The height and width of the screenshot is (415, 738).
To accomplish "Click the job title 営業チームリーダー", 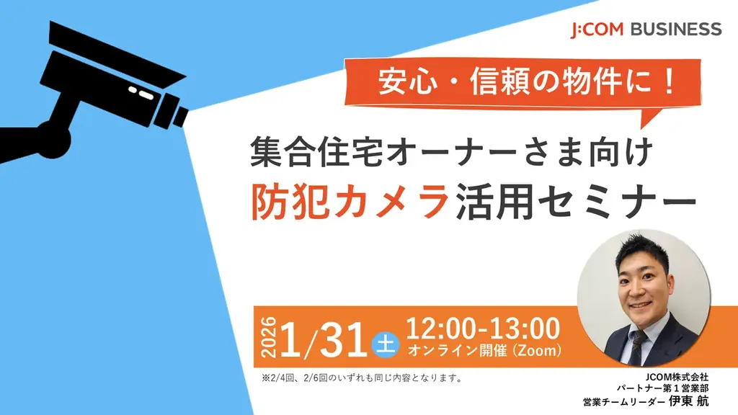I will click(624, 402).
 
